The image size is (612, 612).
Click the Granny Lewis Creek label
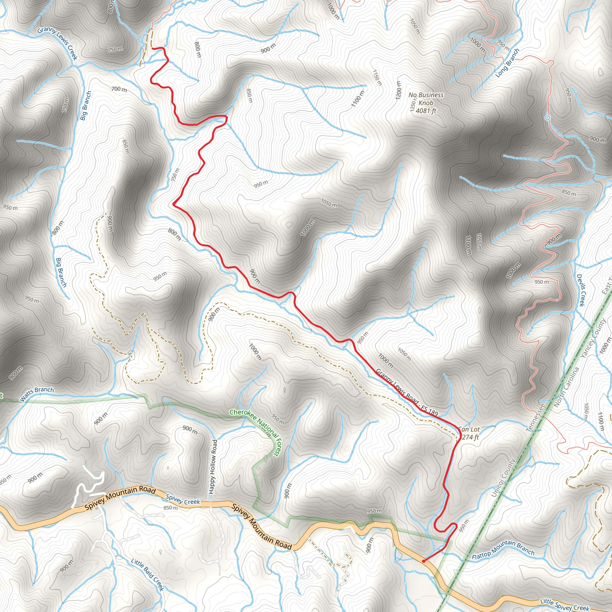pos(57,43)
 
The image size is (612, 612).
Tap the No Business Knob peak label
pos(426,102)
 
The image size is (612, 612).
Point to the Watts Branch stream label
pos(37,394)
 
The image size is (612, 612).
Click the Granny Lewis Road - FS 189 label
pos(407,392)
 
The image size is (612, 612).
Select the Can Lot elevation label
pos(469,433)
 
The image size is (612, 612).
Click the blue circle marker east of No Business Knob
pos(547,118)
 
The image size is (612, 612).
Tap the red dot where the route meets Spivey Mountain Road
pos(423,561)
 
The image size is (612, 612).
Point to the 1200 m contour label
pos(399,90)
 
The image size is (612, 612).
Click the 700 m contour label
pos(119,89)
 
